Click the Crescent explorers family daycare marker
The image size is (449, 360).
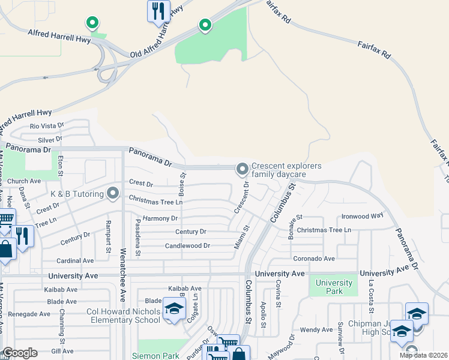point(243,170)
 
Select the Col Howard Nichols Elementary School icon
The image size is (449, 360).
point(174,310)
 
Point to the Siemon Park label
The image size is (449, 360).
point(158,356)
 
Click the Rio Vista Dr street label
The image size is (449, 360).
point(47,126)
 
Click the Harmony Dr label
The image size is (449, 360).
point(160,218)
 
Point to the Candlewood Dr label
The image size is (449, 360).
point(187,246)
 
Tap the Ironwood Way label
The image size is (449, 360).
point(362,216)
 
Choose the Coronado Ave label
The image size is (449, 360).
point(313,259)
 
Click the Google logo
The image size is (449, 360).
point(20,353)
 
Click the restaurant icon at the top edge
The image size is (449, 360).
point(158,11)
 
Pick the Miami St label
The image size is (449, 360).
point(246,238)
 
